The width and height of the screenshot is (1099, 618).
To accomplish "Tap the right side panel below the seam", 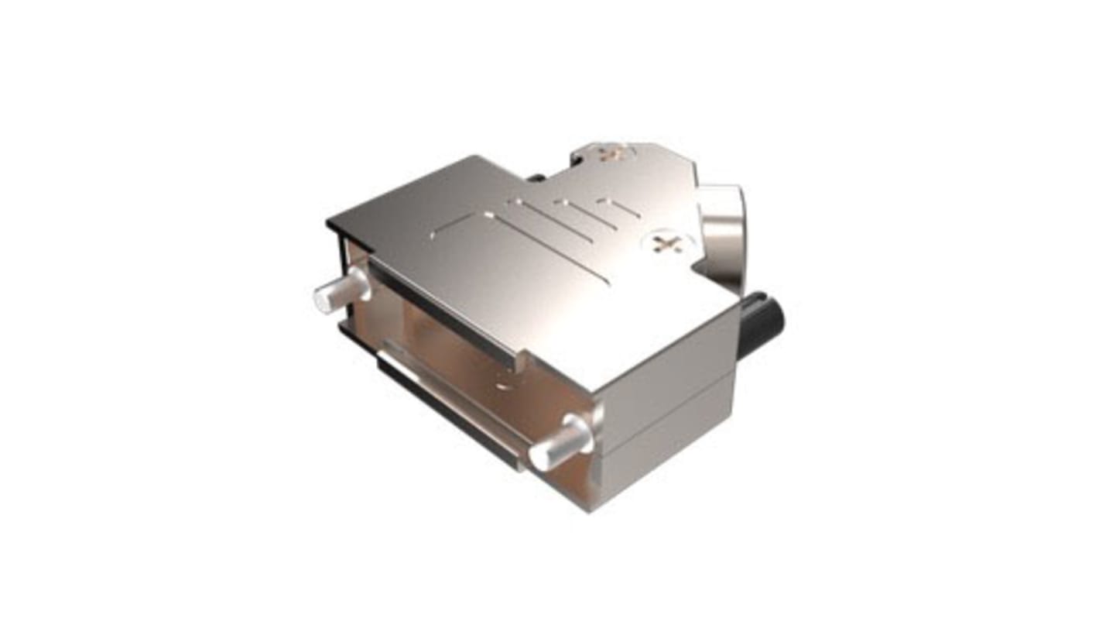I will [666, 449].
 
